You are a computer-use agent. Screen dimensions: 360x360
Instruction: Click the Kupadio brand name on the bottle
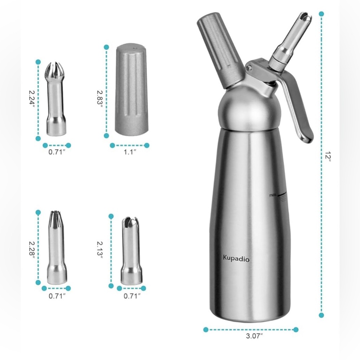[236, 259]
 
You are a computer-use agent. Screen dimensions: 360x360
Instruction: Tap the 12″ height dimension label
[328, 156]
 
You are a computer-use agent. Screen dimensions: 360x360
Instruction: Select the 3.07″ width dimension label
[254, 336]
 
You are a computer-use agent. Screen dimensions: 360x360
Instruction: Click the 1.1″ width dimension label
[130, 152]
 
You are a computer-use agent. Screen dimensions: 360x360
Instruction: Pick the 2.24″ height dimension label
[32, 97]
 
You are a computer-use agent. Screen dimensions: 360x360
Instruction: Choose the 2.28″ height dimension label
[32, 249]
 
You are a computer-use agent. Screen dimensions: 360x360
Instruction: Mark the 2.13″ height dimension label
[100, 249]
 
